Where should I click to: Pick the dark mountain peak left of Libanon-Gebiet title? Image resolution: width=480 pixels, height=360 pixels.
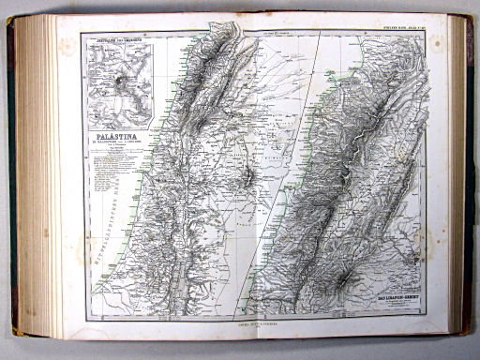(346, 277)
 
